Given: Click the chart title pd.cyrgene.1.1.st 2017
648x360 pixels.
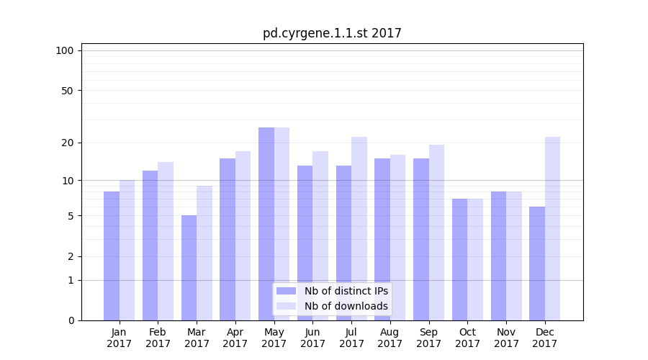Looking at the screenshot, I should coord(332,33).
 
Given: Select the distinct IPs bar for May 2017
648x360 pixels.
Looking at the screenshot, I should coord(266,224).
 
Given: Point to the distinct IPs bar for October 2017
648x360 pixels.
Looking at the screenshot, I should coord(460,259).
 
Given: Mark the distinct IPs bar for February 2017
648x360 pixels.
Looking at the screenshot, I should coord(150,246).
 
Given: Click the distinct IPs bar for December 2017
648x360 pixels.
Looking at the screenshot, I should coord(537,264).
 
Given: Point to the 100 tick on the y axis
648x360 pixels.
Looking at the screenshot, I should coord(65,50).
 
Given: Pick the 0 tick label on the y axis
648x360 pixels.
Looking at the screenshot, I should coord(71,320).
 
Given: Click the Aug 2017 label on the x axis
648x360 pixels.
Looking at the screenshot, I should coord(390,338).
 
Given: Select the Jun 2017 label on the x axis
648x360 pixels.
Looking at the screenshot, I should coord(312,338).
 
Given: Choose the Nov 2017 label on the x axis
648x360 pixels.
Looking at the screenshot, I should coord(506,338).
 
